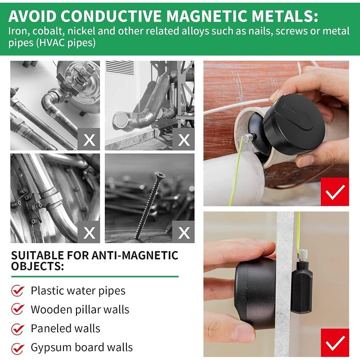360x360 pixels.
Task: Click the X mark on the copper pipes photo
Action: (90, 139)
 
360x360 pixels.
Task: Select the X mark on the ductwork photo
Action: (184, 139)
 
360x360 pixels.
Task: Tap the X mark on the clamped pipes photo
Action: (90, 232)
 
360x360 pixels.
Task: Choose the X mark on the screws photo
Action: (184, 232)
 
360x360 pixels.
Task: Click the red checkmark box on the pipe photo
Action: (334, 192)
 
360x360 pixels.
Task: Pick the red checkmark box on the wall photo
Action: (334, 342)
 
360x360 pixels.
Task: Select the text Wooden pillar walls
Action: (80, 310)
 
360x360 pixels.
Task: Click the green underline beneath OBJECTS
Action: (94, 276)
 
